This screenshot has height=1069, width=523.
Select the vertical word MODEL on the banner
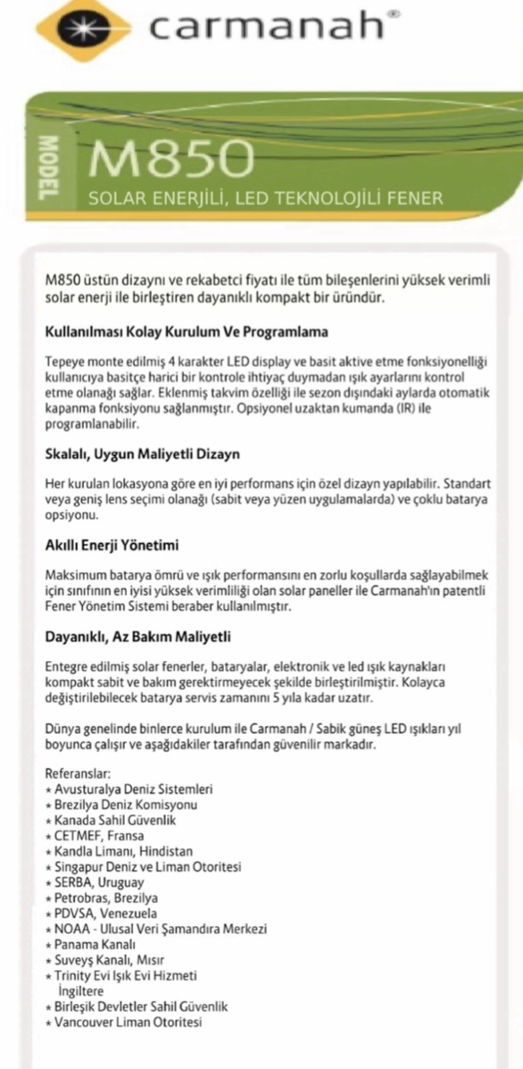click(x=49, y=168)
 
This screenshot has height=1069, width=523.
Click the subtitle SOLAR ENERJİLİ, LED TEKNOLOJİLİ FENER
click(x=265, y=198)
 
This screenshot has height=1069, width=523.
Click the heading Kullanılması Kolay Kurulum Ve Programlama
click(x=187, y=331)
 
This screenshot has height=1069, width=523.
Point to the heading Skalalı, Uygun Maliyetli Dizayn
click(x=142, y=454)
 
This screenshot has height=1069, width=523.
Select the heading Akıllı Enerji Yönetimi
click(x=113, y=544)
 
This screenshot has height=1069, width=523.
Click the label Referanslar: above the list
click(x=76, y=773)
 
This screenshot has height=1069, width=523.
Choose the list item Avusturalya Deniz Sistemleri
click(x=133, y=789)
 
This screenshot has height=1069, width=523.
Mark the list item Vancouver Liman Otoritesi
click(x=128, y=1022)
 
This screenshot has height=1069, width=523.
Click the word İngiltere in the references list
click(x=79, y=990)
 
